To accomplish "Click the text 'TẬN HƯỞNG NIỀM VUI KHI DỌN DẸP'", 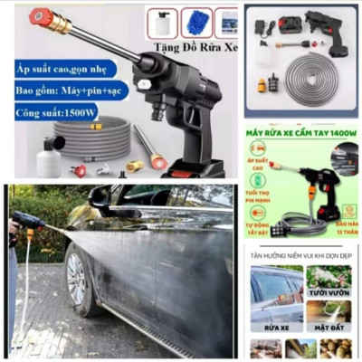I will (300, 257).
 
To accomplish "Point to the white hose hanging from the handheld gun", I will (26, 290).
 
